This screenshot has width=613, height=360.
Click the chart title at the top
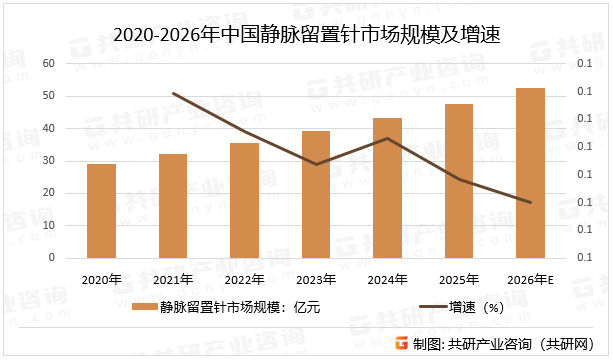[x=306, y=35]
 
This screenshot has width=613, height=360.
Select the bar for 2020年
[x=101, y=211]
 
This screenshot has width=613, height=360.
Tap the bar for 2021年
[x=173, y=206]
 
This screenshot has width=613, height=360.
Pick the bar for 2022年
[x=244, y=200]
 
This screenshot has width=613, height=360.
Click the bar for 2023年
[x=316, y=195]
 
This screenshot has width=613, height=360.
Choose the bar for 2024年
[x=387, y=188]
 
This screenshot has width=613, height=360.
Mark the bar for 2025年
[x=459, y=181]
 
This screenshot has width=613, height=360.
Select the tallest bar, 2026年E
[x=530, y=173]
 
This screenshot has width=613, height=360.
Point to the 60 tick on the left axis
[x=47, y=64]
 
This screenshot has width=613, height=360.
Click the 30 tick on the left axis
[x=47, y=161]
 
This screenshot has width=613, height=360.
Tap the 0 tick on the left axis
[x=50, y=258]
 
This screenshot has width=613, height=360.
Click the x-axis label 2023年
[x=316, y=279]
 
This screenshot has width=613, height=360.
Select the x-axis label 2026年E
[x=530, y=279]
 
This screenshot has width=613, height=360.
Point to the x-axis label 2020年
[x=101, y=279]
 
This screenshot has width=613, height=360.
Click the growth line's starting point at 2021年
[x=173, y=93]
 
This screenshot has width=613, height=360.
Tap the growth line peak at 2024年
[x=387, y=138]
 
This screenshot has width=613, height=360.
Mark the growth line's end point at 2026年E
[x=530, y=202]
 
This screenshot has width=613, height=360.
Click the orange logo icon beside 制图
[x=401, y=344]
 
